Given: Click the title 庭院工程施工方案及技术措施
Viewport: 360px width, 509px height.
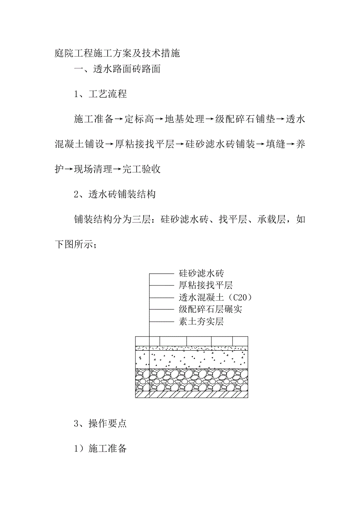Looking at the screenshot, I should (x=117, y=54).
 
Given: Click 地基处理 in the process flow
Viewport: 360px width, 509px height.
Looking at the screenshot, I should (x=185, y=119).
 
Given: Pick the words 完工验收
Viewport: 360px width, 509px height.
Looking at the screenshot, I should (x=142, y=169).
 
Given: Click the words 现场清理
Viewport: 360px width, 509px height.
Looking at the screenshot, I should (x=93, y=169).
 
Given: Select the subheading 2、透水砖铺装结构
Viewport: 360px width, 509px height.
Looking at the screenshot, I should (x=115, y=194).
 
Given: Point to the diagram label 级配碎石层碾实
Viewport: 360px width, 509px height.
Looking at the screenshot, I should (x=211, y=310).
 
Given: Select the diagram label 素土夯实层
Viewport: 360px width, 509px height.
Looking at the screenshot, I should (x=201, y=322).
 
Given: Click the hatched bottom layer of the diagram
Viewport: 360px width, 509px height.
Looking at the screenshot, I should (x=191, y=395).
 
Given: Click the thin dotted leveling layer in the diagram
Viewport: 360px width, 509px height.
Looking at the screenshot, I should (x=191, y=348).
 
